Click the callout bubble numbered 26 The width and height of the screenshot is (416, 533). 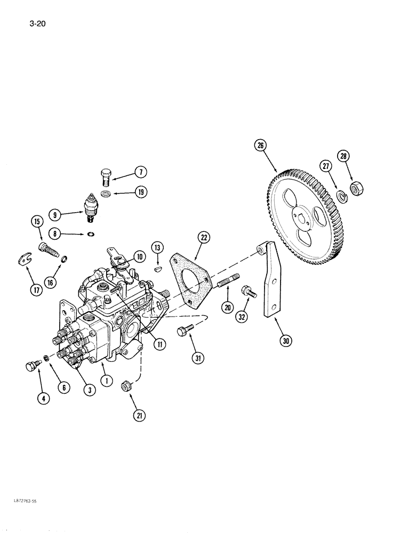tap(260, 146)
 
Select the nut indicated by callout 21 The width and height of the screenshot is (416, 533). tap(126, 385)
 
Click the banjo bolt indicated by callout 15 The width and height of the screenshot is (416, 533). tap(47, 248)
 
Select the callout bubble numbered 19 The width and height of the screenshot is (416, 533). tap(140, 192)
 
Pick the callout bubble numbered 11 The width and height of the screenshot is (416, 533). tap(161, 345)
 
